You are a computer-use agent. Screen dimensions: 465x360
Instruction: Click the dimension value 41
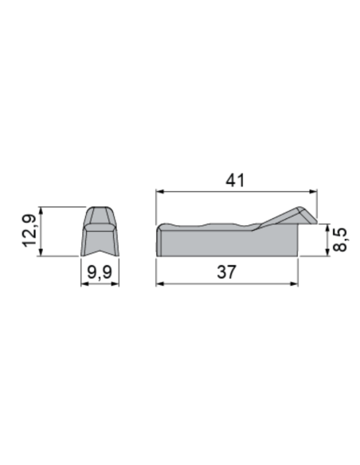tap(233, 181)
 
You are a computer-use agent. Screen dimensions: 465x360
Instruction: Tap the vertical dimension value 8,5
tap(341, 240)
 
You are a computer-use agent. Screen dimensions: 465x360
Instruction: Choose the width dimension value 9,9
tap(100, 273)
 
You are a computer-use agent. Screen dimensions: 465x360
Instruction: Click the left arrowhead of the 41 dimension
tap(159, 191)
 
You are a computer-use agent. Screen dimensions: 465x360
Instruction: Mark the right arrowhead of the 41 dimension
tap(314, 191)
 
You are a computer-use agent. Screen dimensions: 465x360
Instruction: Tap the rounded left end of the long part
tap(160, 240)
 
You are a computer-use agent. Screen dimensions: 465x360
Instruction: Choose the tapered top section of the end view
tap(100, 215)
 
